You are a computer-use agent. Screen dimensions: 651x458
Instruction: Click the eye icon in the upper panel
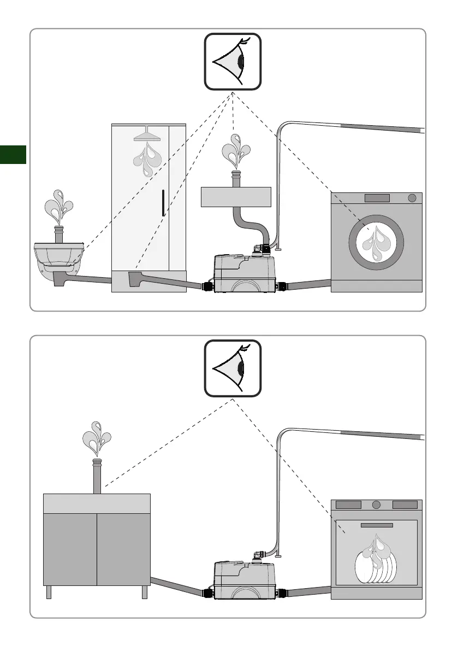click(233, 61)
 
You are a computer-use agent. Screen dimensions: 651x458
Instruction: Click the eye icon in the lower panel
click(233, 368)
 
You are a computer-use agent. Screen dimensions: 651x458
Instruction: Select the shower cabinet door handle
click(163, 203)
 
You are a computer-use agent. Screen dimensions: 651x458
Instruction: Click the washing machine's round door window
click(377, 242)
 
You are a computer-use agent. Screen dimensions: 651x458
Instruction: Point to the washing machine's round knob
click(412, 197)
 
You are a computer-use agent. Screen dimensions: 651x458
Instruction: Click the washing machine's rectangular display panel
click(377, 197)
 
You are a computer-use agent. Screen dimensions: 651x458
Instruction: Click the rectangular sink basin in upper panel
click(236, 196)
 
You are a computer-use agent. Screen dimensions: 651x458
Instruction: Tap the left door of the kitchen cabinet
click(70, 548)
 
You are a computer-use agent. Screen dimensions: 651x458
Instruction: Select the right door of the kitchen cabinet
click(123, 548)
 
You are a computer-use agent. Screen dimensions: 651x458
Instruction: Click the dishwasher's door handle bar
click(377, 525)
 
